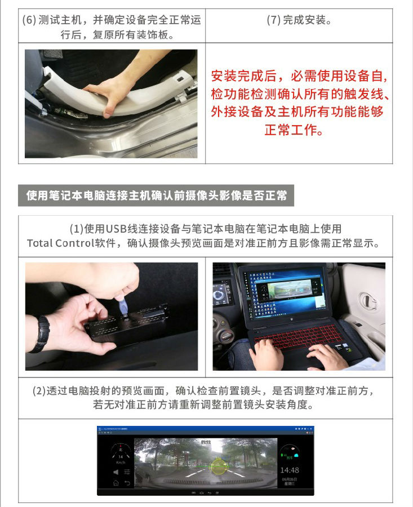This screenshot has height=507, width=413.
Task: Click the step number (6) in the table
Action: (x=29, y=20)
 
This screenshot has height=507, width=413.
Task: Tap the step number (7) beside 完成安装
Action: (x=273, y=20)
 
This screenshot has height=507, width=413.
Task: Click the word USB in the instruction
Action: (x=117, y=229)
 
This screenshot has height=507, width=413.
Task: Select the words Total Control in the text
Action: (x=60, y=243)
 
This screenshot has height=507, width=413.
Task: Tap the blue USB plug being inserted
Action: (x=123, y=308)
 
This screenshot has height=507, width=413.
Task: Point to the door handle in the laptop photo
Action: (x=368, y=301)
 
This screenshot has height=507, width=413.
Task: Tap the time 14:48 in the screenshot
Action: (x=290, y=470)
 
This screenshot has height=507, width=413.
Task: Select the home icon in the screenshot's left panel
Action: (x=116, y=483)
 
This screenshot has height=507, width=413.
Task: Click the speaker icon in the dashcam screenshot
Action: (x=116, y=472)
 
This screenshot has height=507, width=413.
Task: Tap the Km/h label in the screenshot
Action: (x=121, y=462)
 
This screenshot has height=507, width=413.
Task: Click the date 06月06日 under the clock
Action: (x=289, y=479)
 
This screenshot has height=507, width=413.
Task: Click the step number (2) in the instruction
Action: (x=39, y=390)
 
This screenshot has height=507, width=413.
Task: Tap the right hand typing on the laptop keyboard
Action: (x=327, y=355)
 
